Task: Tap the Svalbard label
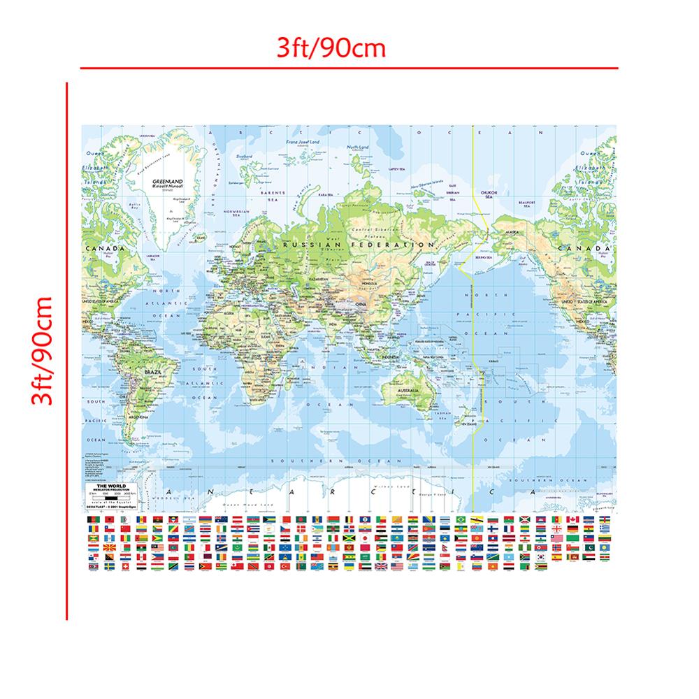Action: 245,157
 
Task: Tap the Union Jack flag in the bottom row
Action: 380,565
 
